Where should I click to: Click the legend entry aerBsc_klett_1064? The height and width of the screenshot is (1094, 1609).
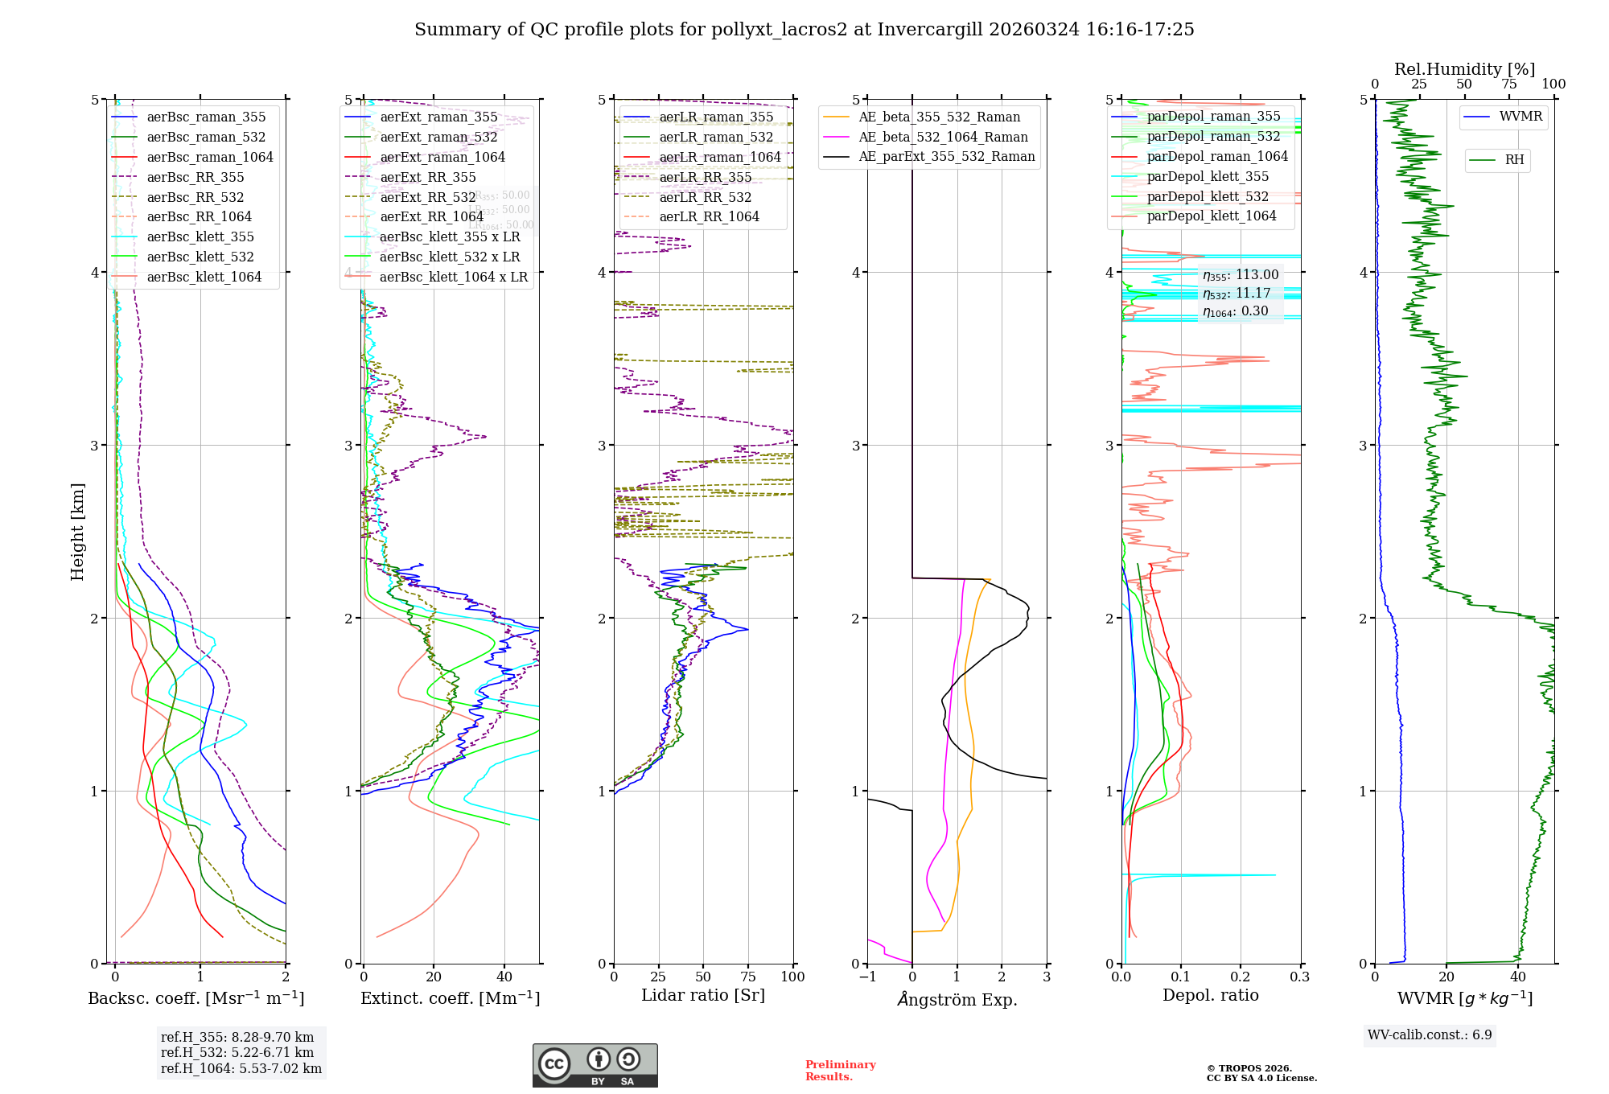(204, 277)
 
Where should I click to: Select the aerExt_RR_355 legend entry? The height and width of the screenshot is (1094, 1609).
(427, 177)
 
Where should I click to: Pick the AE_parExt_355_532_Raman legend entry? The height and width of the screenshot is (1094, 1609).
(946, 156)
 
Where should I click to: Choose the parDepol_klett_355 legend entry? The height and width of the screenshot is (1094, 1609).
(1207, 176)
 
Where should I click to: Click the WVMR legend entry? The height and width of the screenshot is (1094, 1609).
(1521, 117)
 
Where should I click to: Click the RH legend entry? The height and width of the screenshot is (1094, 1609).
(1514, 160)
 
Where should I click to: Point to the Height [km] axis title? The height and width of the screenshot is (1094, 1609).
(77, 531)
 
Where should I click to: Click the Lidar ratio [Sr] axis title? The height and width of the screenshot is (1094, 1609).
(702, 995)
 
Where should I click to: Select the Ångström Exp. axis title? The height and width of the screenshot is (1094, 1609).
(957, 999)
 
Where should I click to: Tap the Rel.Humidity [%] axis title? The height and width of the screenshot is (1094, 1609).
(1464, 69)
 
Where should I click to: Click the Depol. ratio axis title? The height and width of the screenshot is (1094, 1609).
(1210, 995)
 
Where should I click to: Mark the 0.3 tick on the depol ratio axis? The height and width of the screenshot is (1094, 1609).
(1299, 977)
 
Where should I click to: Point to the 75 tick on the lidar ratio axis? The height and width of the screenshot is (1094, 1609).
(748, 977)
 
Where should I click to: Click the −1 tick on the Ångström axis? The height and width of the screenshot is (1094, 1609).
(866, 977)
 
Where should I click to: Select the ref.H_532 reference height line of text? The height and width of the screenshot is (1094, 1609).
(237, 1052)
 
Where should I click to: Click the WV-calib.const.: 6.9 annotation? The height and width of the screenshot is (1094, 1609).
(1430, 1034)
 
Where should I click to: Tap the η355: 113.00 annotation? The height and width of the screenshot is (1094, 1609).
(1240, 275)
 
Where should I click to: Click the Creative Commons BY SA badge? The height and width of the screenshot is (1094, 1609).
(595, 1065)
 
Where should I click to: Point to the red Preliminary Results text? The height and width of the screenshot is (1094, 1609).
(840, 1070)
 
